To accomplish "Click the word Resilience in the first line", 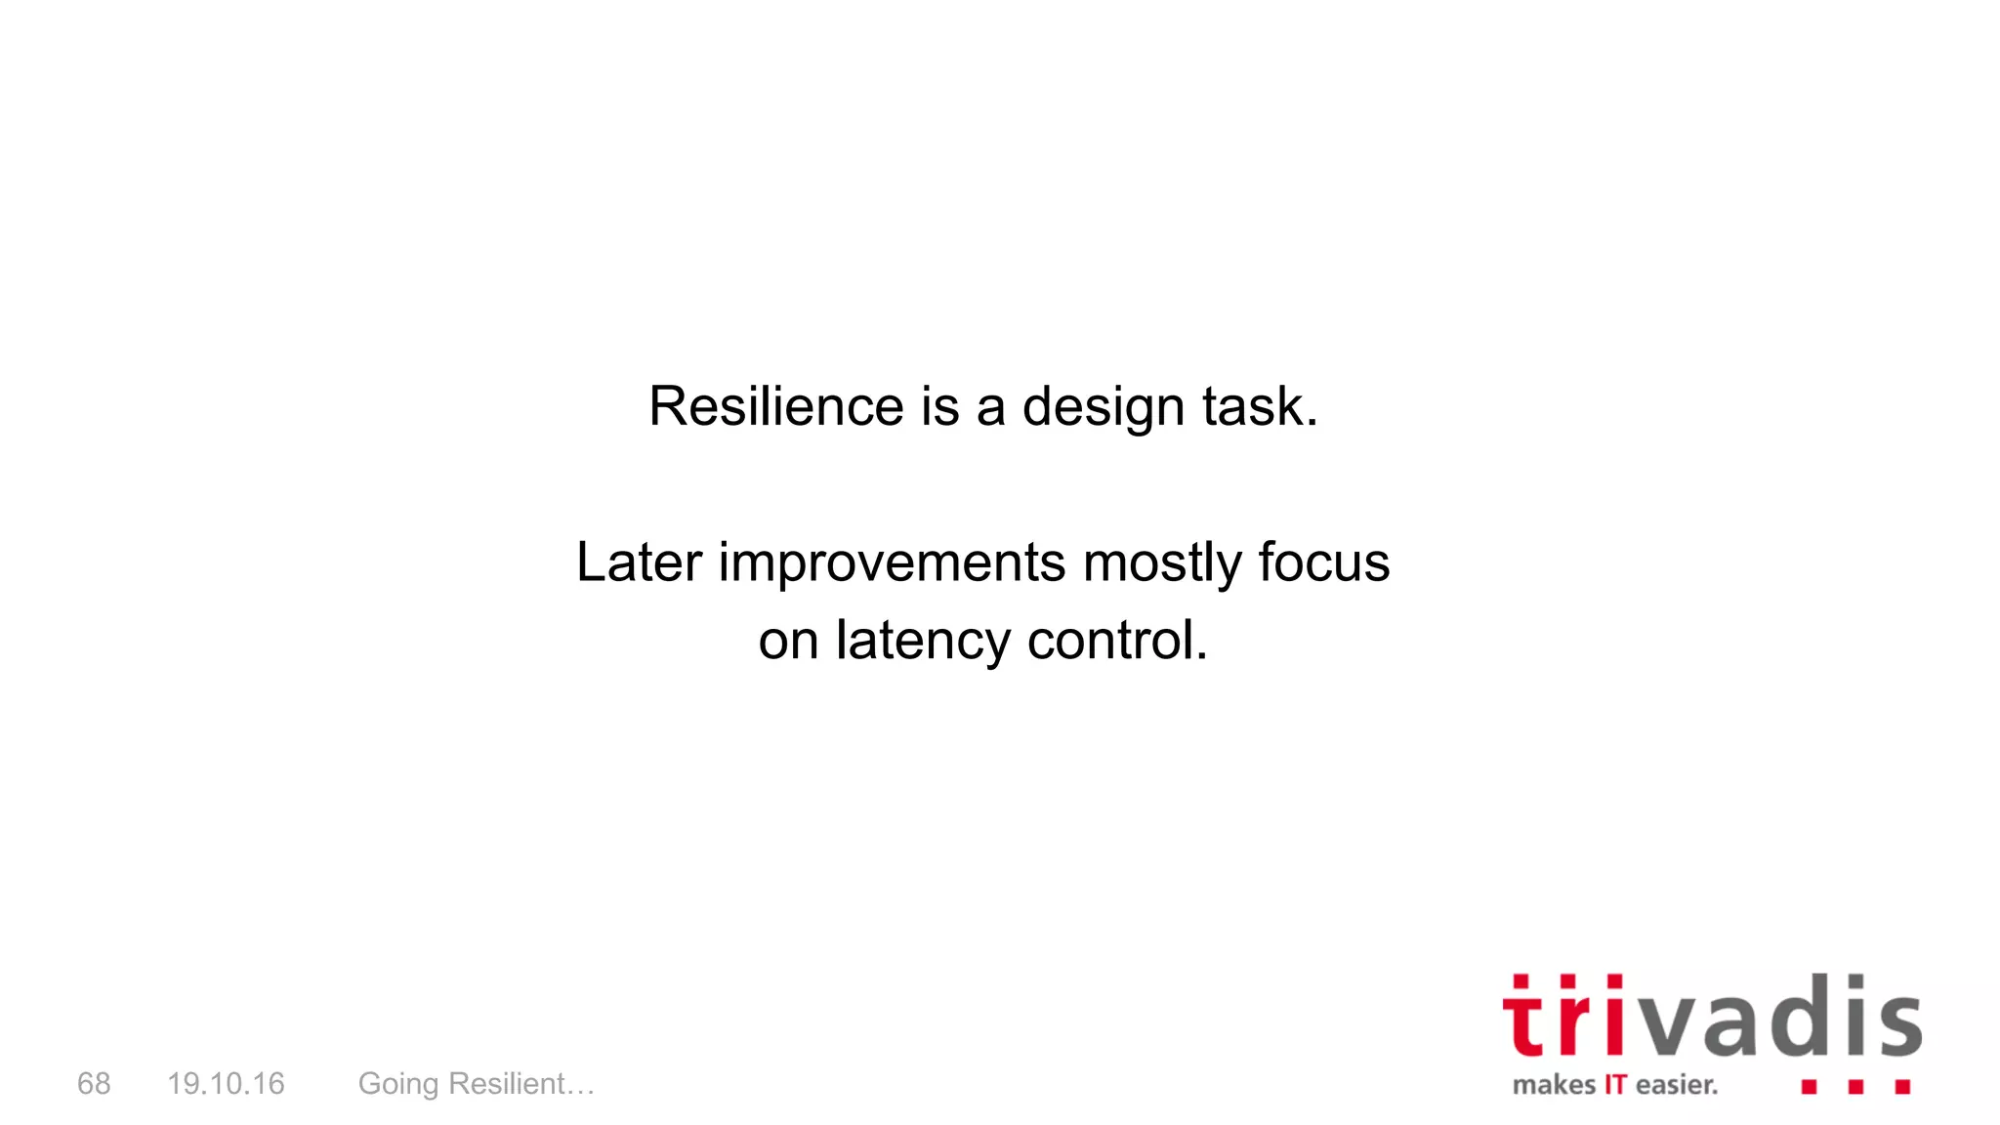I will coord(776,406).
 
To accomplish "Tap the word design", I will coord(1103,408).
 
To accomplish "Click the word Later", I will coord(639,562).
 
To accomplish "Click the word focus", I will coord(1323,562).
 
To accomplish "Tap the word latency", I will coord(923,642).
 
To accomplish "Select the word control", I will coord(1116,641).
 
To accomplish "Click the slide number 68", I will coord(94,1083).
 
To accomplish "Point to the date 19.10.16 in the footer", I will coord(226,1083).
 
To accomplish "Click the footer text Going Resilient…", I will coord(477,1084).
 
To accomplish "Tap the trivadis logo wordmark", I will coord(1711,1018).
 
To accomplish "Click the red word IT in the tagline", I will coord(1615,1085).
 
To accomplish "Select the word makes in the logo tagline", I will coord(1554,1085).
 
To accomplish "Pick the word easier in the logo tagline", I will coord(1676,1085).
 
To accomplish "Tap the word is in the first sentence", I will coord(939,406).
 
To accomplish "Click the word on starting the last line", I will coord(788,642).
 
